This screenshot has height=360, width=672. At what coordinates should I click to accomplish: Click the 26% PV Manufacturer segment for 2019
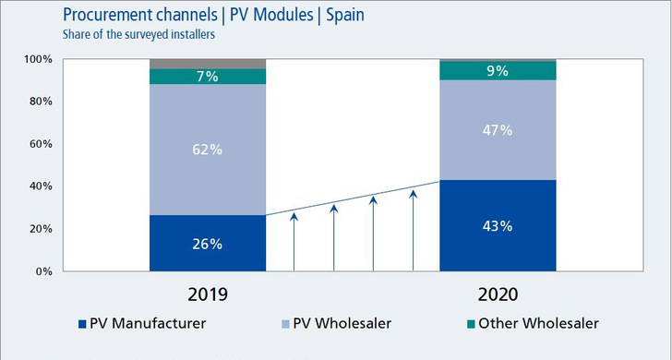click(207, 244)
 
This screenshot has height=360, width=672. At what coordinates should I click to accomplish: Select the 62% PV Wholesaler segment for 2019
click(207, 150)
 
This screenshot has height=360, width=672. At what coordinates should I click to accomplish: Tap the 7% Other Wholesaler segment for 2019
click(207, 77)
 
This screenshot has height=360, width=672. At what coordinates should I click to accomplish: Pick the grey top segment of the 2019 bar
click(207, 64)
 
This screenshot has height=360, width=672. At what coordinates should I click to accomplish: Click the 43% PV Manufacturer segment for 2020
click(498, 226)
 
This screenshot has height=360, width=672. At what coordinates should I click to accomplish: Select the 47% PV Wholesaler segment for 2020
click(498, 130)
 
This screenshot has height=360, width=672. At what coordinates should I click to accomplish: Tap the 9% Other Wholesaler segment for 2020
click(498, 70)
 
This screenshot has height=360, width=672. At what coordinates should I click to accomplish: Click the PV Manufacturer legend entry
click(149, 324)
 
